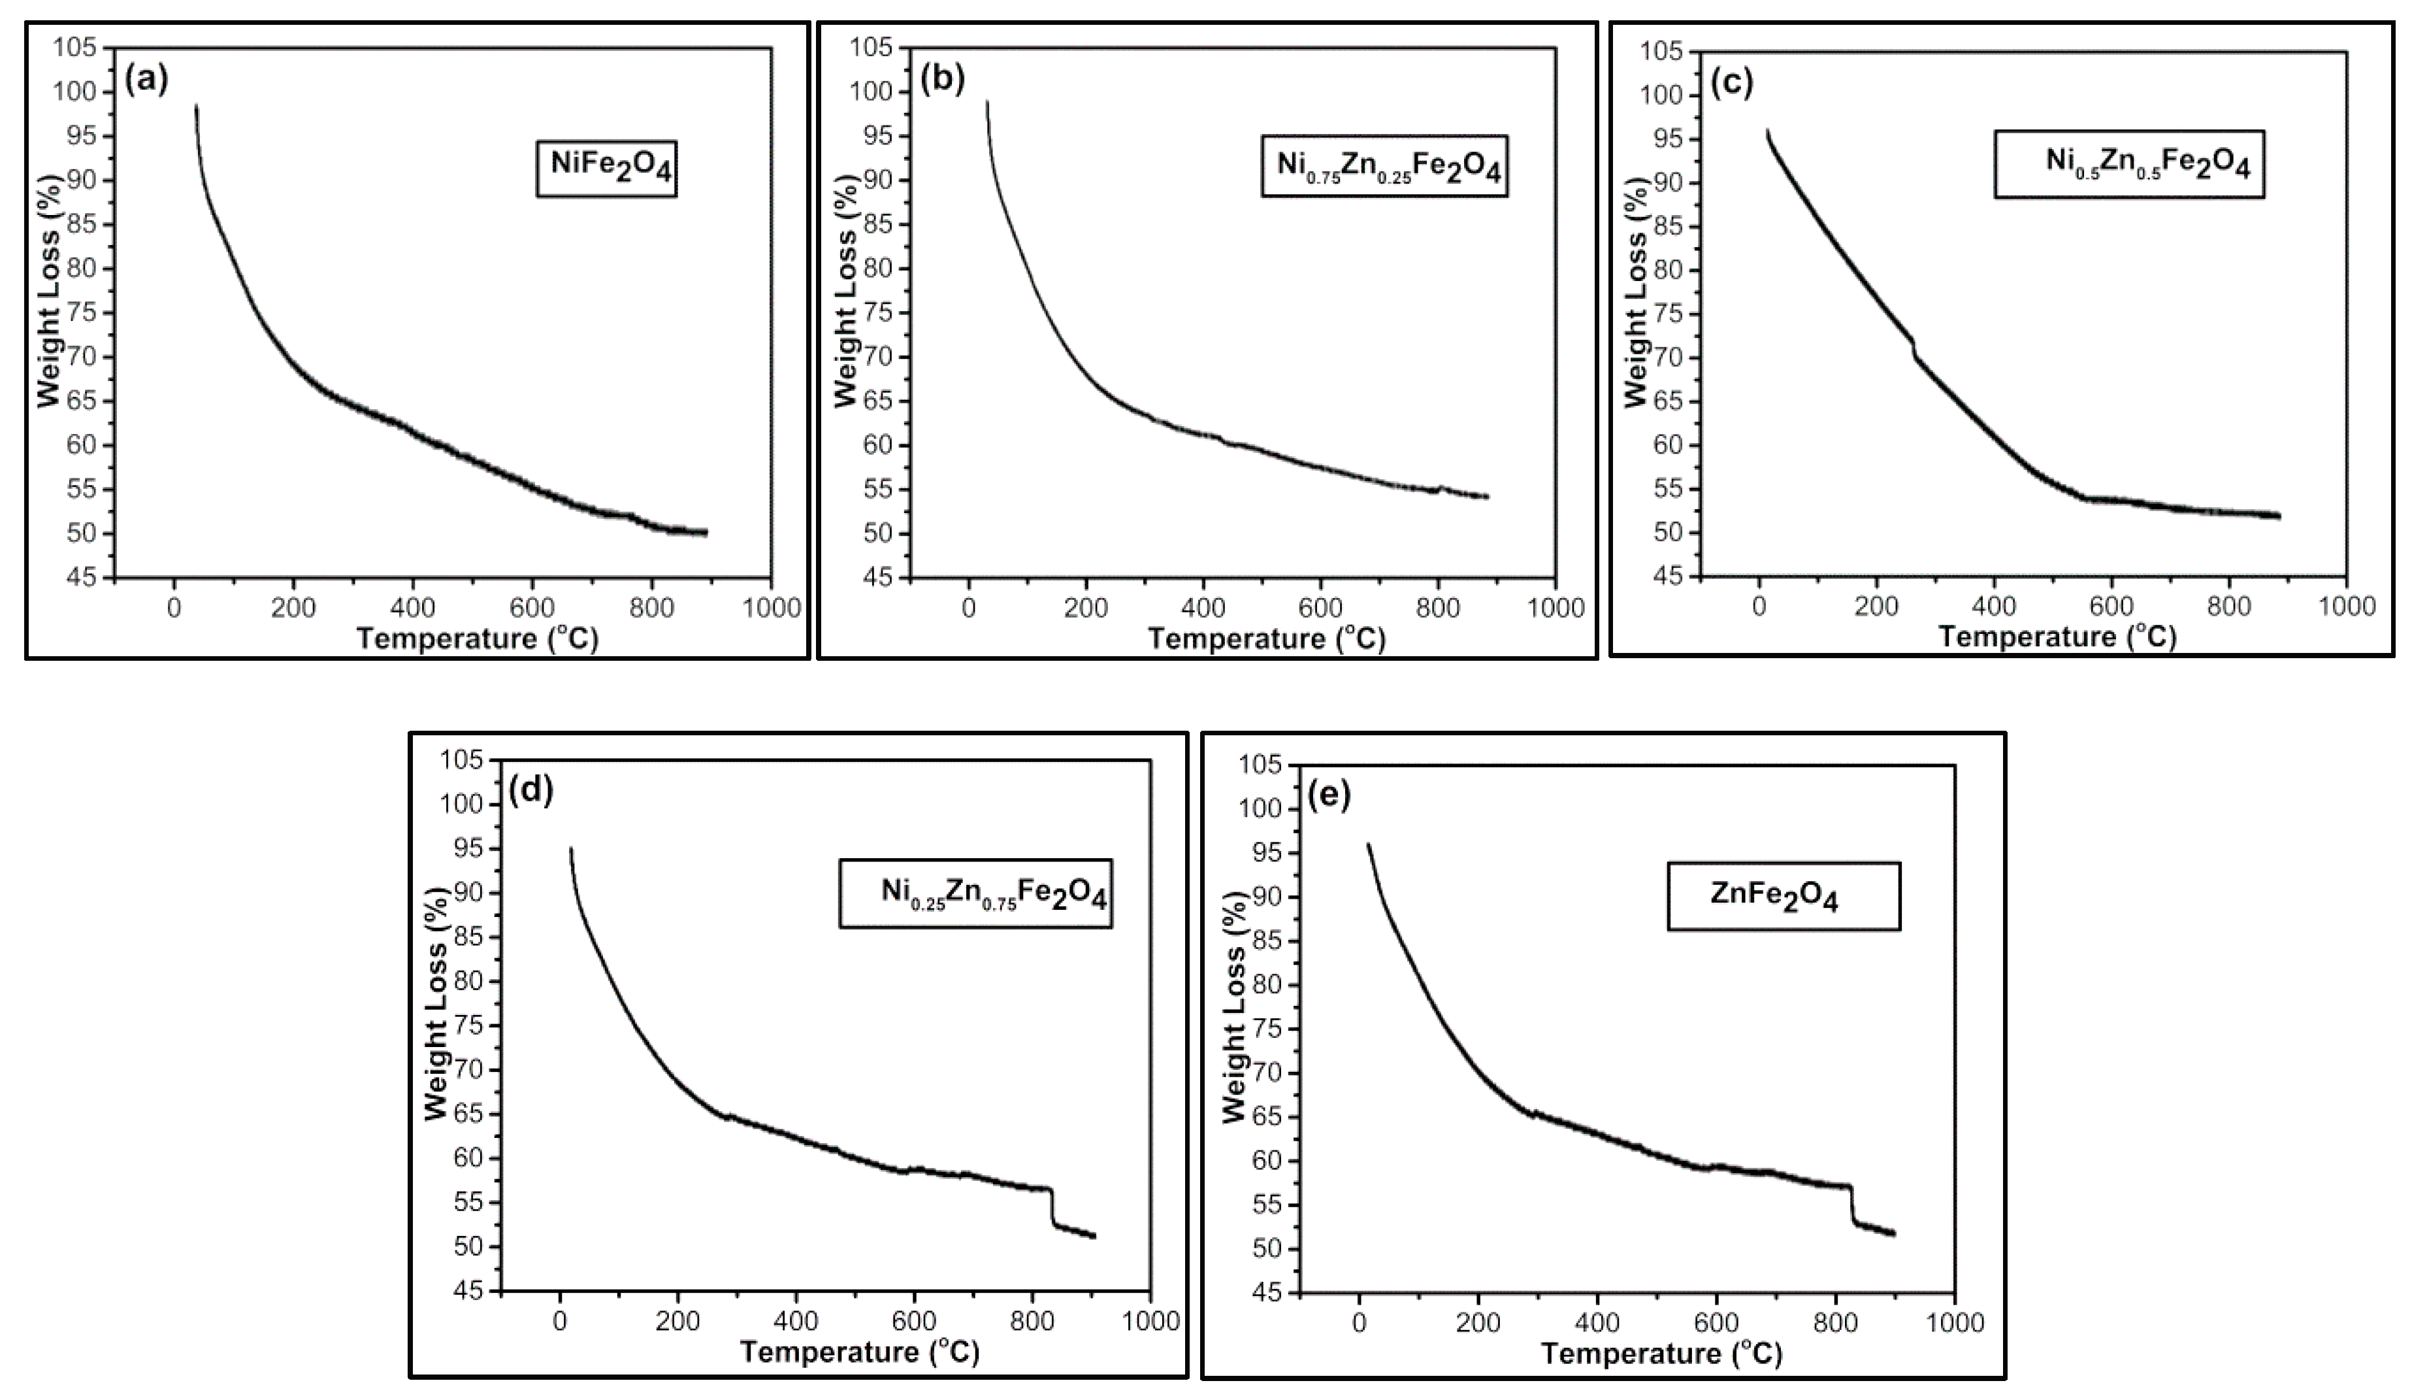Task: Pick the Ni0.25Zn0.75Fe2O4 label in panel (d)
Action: pos(976,893)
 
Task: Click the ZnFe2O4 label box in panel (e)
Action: pos(1783,896)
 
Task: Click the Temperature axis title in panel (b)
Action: pos(1266,638)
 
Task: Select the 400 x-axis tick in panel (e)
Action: pos(1597,1324)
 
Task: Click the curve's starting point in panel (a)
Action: pos(196,107)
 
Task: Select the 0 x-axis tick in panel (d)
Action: pos(560,1322)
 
